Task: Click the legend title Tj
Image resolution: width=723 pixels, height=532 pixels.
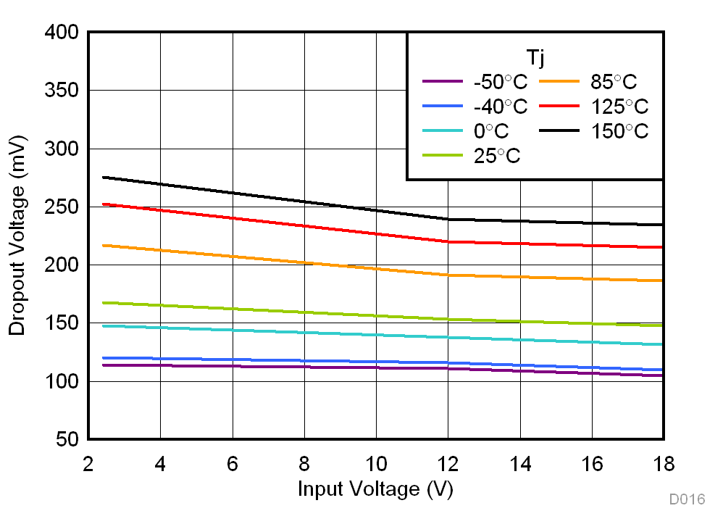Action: point(535,56)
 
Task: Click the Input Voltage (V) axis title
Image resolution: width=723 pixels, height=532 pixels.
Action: point(375,489)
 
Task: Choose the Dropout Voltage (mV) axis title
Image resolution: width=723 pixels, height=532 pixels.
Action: point(17,236)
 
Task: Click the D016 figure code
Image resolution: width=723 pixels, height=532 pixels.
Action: point(686,499)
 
